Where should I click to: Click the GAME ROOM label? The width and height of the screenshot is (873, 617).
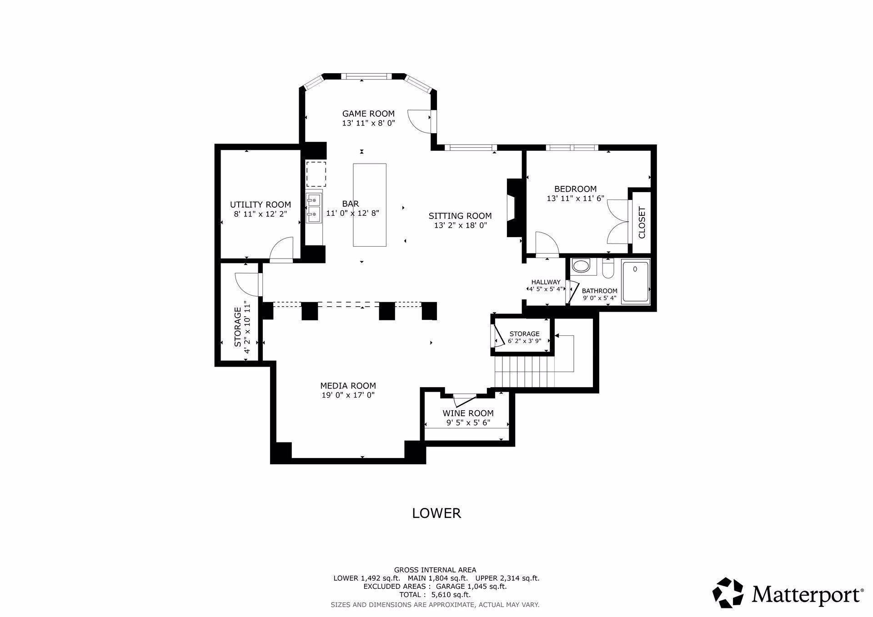click(x=368, y=114)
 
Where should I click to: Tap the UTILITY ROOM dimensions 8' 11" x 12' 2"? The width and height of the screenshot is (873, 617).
click(x=261, y=214)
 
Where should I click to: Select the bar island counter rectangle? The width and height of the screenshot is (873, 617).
click(x=370, y=205)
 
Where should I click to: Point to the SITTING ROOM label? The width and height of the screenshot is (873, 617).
click(x=460, y=216)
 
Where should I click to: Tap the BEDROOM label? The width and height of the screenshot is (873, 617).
click(x=575, y=189)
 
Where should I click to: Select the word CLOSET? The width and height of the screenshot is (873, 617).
click(x=642, y=223)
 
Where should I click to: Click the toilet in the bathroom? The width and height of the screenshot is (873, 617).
click(x=608, y=269)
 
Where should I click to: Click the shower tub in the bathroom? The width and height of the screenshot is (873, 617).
click(x=636, y=282)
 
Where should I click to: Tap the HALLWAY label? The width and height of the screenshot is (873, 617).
click(x=546, y=282)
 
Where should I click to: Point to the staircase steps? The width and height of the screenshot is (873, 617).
click(x=525, y=371)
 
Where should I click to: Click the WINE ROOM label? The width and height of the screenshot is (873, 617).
click(x=468, y=413)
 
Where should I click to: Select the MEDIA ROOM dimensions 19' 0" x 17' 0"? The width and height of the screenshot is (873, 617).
click(x=348, y=395)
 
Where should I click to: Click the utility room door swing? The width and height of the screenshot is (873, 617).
click(x=282, y=249)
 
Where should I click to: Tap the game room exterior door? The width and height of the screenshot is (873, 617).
click(x=421, y=120)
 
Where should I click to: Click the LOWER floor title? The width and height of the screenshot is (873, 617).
click(x=436, y=513)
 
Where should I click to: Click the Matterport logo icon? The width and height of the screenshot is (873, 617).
click(x=727, y=593)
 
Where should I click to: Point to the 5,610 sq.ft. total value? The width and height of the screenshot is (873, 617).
click(x=445, y=595)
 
